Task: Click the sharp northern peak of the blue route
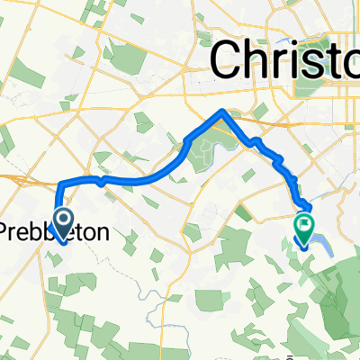tap(222, 112)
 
